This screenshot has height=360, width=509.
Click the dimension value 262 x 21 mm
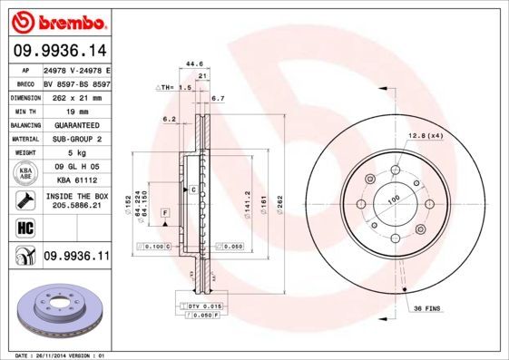tap(75, 96)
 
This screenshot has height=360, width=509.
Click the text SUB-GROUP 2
tap(75, 139)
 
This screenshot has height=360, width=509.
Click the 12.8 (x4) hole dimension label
tap(425, 135)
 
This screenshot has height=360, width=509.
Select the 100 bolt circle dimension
tap(394, 199)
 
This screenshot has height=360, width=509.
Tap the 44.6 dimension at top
tap(192, 64)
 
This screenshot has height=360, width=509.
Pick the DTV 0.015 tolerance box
tap(205, 306)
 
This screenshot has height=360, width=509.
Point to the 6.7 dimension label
tap(218, 97)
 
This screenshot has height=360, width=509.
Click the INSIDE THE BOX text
tap(76, 196)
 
